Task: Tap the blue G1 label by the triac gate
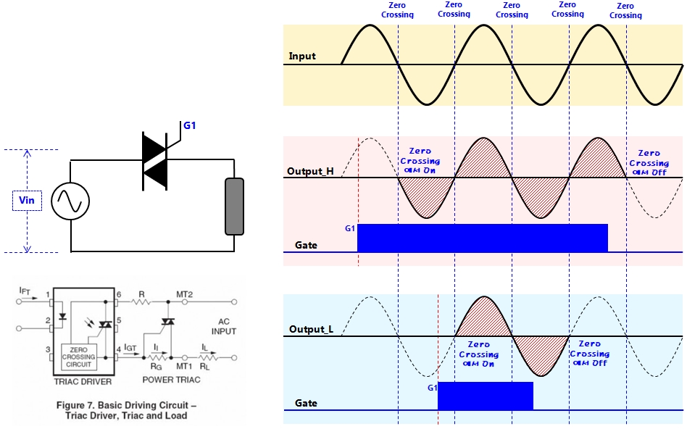190,125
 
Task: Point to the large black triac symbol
155,162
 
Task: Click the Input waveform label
302,56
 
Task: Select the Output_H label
311,172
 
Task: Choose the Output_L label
311,330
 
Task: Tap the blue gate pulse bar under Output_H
482,238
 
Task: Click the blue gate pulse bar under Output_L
485,396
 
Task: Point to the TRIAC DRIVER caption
84,380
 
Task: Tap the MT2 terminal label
184,294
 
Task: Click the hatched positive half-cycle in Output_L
483,317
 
